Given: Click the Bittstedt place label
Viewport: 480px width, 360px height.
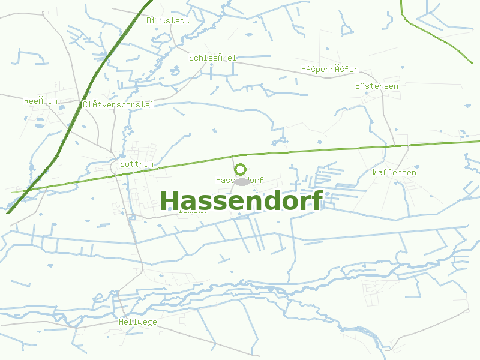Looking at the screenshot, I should pos(167,20).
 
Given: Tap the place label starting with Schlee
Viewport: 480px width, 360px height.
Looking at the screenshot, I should pos(212,58).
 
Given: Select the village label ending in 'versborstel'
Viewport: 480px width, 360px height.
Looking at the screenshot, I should pos(118,104).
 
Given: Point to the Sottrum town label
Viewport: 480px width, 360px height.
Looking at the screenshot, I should pos(137,164).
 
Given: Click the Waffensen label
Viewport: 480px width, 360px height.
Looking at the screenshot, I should pos(394,172).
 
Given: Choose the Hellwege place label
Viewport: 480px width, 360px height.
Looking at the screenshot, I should pos(137,322).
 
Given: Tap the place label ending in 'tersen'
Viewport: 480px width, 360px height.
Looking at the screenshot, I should pos(376,86).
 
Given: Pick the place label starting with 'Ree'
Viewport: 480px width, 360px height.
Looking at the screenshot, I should pos(41,101).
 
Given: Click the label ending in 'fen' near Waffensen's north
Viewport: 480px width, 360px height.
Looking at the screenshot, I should pos(330,70).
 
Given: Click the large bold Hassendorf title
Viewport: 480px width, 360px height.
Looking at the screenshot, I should pos(241,200).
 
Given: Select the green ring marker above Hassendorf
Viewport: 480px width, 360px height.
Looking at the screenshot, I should pos(240,170).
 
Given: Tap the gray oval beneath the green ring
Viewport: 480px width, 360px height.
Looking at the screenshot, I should pos(241,181).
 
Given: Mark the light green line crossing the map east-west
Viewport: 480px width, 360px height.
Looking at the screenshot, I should pos(336,148).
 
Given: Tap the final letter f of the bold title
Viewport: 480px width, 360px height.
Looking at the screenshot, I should pos(317,200).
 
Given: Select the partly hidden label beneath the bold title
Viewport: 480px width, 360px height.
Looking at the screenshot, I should pos(193,211).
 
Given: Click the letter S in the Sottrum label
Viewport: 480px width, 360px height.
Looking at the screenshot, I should pos(122,164).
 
